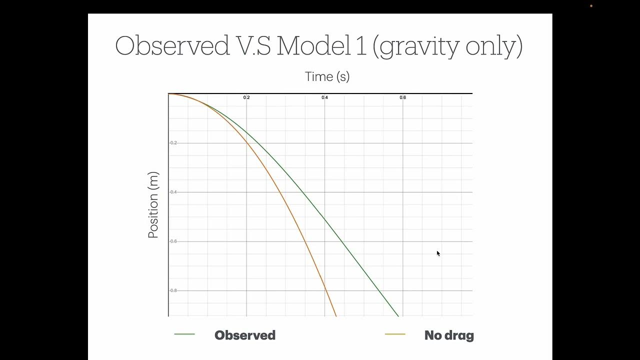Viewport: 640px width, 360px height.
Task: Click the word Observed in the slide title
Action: pos(171,45)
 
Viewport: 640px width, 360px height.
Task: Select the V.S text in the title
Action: pos(252,45)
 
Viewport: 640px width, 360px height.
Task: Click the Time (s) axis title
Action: pos(327,76)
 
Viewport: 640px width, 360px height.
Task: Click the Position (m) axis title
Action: pos(153,205)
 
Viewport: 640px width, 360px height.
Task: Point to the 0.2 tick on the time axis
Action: pos(246,97)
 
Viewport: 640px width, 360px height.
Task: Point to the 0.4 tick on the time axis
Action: pos(324,97)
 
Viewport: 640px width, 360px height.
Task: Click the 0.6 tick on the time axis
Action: pos(402,97)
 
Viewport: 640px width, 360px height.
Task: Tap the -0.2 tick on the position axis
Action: pos(173,143)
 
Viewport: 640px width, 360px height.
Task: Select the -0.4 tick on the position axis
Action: pos(173,192)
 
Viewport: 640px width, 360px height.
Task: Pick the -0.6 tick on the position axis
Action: pos(173,241)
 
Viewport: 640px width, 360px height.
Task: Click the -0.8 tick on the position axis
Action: pos(173,290)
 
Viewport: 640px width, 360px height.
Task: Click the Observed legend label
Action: pos(244,335)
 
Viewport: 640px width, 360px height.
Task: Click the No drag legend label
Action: pos(448,335)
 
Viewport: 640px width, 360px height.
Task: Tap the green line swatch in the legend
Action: pos(184,334)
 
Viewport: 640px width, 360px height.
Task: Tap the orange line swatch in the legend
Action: pos(395,334)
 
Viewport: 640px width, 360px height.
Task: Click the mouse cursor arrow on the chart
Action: pos(438,253)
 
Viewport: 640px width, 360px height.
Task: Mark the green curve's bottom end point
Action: pos(398,316)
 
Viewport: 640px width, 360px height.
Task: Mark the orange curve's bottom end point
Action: pos(336,316)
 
